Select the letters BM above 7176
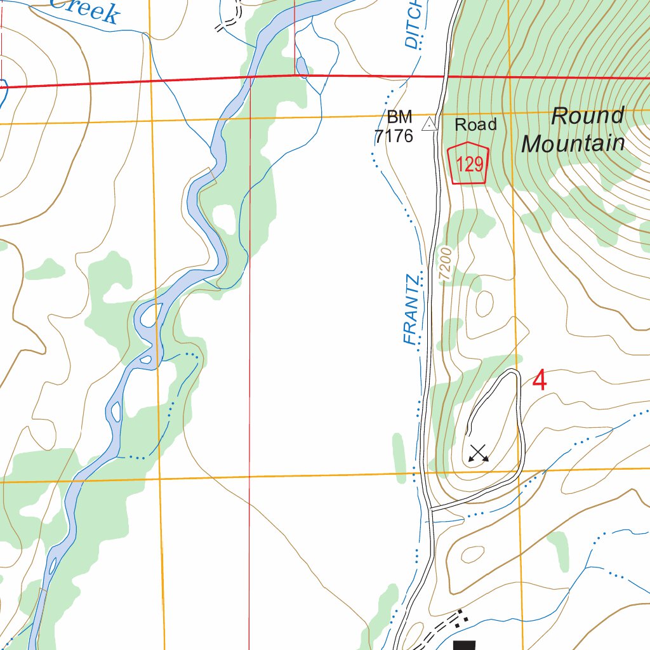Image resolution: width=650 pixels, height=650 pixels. click(x=400, y=117)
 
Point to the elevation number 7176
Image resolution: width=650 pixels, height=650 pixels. click(x=394, y=135)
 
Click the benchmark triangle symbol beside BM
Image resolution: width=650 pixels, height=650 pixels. click(x=430, y=124)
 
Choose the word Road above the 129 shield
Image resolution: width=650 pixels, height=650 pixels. click(x=475, y=124)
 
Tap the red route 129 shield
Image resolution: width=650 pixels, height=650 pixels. click(x=469, y=164)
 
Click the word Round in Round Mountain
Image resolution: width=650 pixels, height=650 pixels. click(x=587, y=116)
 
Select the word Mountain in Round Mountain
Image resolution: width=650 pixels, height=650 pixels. click(x=573, y=143)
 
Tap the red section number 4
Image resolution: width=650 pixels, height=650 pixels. click(x=539, y=381)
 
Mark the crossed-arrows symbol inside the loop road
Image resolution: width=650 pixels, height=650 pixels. click(x=478, y=453)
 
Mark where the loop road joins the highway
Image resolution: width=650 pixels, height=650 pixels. click(x=430, y=508)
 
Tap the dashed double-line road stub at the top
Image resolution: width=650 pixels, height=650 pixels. click(x=227, y=24)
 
